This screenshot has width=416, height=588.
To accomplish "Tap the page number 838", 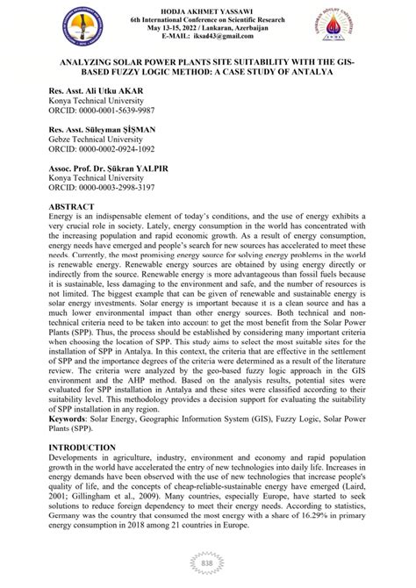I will tap(208, 564).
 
